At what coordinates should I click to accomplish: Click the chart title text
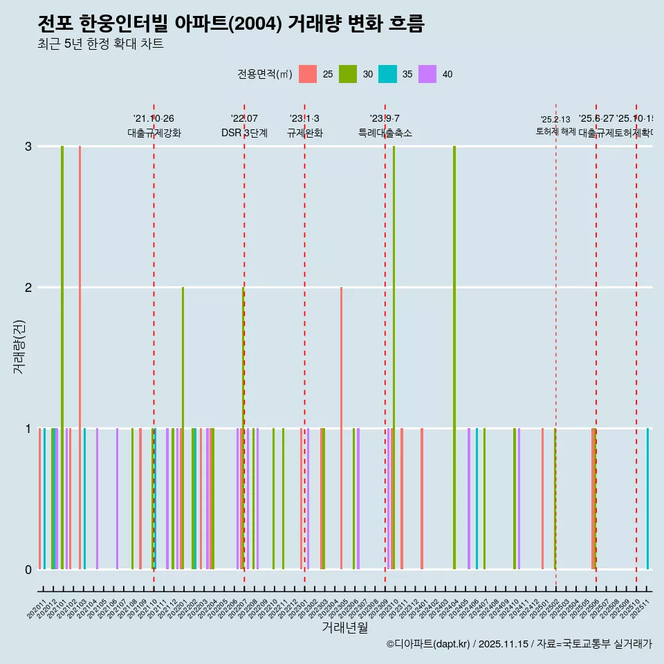[x=230, y=24]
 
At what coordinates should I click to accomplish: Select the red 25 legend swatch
[x=308, y=74]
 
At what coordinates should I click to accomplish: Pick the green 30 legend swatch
[x=348, y=74]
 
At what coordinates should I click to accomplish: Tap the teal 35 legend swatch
[x=387, y=74]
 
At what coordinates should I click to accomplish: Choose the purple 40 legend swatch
[x=427, y=74]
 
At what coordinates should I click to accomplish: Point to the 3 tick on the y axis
[x=28, y=147]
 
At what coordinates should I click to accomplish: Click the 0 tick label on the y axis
[x=28, y=570]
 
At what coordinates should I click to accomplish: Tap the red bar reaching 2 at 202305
[x=341, y=429]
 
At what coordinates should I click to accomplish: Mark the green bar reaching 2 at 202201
[x=183, y=429]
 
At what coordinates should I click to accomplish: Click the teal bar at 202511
[x=648, y=498]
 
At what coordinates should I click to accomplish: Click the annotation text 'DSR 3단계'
[x=244, y=133]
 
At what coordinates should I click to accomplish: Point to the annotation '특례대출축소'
[x=385, y=133]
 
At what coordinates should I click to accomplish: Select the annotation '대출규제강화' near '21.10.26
[x=154, y=133]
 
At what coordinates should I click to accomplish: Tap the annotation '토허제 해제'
[x=555, y=131]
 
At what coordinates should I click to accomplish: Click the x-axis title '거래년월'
[x=344, y=628]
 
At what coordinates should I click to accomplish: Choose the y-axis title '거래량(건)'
[x=19, y=347]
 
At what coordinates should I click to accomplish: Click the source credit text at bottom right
[x=519, y=644]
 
